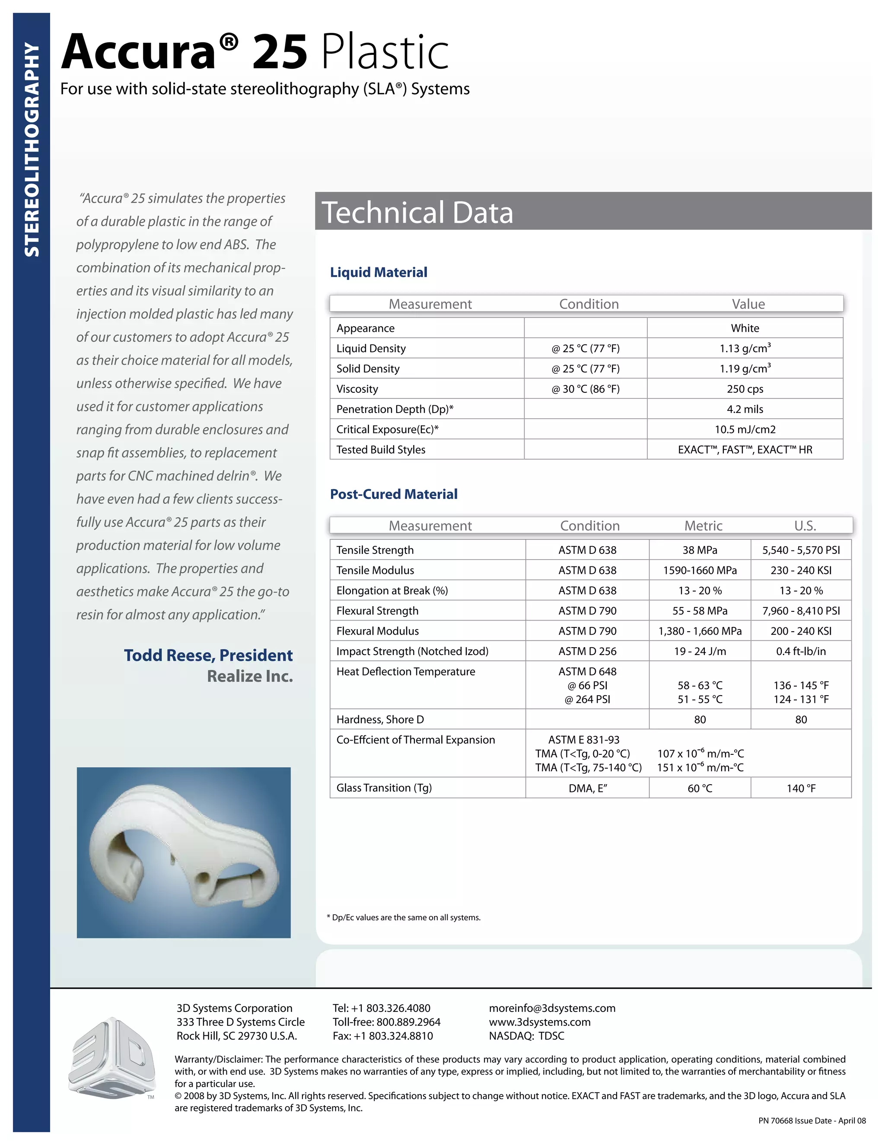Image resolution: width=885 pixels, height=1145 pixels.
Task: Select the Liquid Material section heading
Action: (379, 272)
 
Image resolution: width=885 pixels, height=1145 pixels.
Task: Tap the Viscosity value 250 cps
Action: (745, 389)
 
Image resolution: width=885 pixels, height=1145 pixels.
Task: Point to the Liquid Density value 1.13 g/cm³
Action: (745, 348)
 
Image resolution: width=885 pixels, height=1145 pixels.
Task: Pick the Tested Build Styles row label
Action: (381, 449)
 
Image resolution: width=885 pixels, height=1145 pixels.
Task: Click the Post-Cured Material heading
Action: (394, 494)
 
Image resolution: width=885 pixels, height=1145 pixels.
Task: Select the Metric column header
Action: (703, 525)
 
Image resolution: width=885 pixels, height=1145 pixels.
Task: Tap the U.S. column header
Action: (805, 525)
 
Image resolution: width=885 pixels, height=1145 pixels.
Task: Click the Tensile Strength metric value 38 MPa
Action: (700, 550)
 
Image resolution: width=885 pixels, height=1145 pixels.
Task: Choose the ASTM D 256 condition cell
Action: (587, 651)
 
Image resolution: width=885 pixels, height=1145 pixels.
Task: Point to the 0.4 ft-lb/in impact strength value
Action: (801, 651)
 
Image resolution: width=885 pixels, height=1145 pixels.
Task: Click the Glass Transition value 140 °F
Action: (801, 789)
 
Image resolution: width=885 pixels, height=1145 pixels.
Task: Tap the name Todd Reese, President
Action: (208, 655)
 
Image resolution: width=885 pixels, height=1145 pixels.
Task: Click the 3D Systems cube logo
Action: (111, 1059)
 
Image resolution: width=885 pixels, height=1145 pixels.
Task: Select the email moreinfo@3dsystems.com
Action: (552, 1008)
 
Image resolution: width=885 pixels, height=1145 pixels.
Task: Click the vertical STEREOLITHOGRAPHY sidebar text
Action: (32, 149)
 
